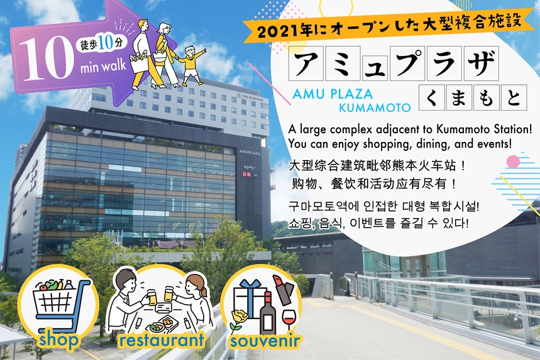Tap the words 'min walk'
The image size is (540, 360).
(x=103, y=66)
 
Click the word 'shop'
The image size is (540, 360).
(x=58, y=340)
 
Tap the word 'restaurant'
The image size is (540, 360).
(x=162, y=340)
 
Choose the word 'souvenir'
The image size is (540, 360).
(x=265, y=341)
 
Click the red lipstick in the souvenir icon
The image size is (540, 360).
(x=284, y=290)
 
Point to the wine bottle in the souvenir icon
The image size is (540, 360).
(x=268, y=313)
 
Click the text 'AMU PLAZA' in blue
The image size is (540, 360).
(x=333, y=94)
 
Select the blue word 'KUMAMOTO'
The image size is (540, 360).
(x=375, y=107)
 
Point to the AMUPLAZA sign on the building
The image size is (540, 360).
(x=250, y=152)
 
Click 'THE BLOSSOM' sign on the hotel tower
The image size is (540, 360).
(x=252, y=97)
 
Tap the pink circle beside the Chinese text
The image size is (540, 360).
(x=513, y=161)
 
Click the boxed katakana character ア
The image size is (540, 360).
(x=306, y=63)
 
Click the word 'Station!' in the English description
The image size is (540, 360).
(x=513, y=129)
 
